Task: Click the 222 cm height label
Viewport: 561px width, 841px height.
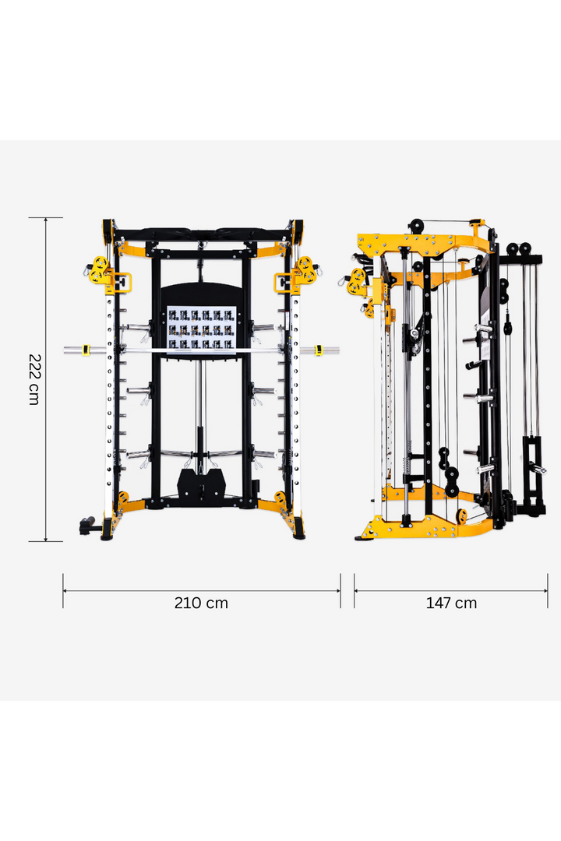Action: (x=35, y=379)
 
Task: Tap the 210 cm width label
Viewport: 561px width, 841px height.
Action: (x=201, y=603)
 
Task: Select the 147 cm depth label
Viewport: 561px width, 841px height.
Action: (x=451, y=603)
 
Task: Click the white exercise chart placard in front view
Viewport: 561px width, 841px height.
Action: (x=201, y=328)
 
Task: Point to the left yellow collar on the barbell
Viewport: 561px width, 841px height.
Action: (x=88, y=350)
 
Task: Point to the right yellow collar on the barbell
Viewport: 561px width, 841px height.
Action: (x=317, y=350)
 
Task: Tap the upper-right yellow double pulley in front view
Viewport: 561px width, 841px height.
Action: (x=305, y=269)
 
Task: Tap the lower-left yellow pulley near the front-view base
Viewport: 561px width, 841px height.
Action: (x=123, y=498)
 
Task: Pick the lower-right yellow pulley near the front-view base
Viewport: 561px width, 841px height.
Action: (x=280, y=498)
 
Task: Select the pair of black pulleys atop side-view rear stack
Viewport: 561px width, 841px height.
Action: (x=519, y=249)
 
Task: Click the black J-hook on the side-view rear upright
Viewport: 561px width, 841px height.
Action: (x=474, y=364)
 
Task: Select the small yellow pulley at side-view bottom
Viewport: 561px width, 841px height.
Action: (x=462, y=516)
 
